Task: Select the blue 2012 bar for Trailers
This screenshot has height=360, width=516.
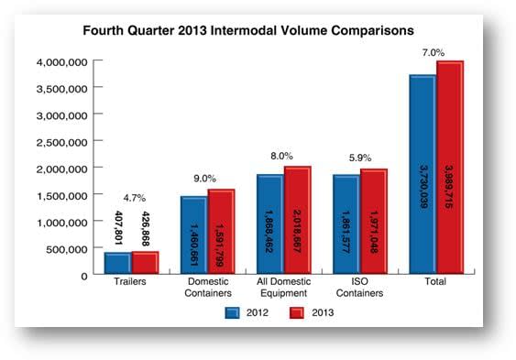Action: [117, 263]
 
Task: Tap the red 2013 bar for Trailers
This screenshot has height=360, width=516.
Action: [145, 262]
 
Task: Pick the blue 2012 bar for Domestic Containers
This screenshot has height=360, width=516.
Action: [193, 235]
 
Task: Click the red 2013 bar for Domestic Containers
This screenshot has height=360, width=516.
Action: [221, 231]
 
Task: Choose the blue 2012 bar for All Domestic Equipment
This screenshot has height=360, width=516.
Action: [270, 224]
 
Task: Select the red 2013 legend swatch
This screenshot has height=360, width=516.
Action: [296, 312]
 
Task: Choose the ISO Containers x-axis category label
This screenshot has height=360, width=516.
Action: [360, 288]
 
